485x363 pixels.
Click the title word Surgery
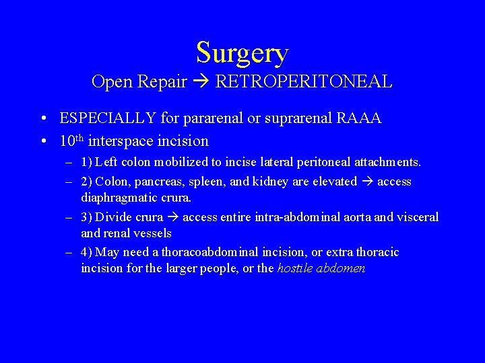click(243, 52)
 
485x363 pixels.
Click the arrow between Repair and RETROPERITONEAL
click(201, 82)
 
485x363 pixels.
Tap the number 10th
click(71, 141)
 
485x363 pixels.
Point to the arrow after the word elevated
click(367, 182)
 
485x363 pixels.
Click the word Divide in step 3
click(112, 217)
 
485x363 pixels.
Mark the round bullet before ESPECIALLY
click(42, 119)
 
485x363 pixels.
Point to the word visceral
click(416, 217)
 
